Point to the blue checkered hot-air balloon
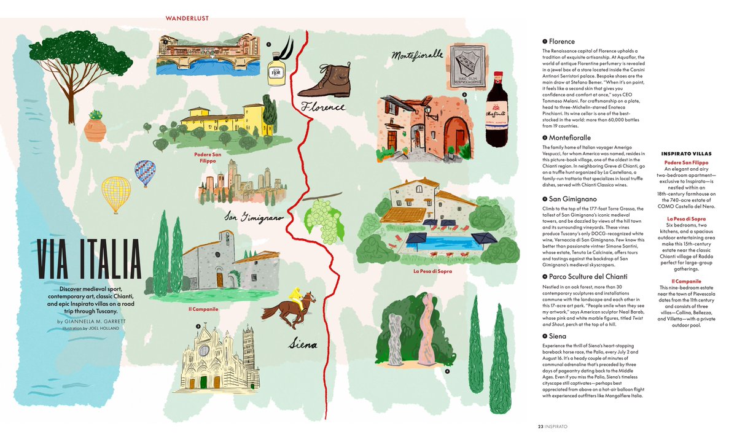pos(145,172)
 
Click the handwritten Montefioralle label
pos(418,55)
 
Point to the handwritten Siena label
pos(303,344)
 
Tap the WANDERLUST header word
pos(187,18)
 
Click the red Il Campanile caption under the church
pos(203,309)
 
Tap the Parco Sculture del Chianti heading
pos(579,277)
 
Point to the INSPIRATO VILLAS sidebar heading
pos(685,153)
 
